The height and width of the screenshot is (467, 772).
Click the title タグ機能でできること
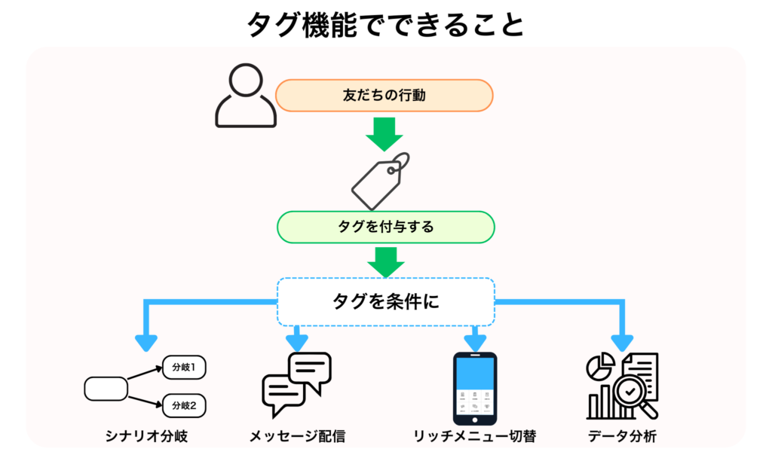pos(385,25)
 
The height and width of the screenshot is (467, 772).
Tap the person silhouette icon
pos(245,96)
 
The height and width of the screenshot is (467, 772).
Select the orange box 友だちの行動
pos(384,96)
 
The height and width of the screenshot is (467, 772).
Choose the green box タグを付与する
pos(385,227)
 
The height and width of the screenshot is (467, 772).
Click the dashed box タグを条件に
pos(385,301)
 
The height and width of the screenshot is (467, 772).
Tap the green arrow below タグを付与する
pos(385,261)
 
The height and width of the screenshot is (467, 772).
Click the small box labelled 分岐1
pos(184,368)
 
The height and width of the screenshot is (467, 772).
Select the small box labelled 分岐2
pos(184,406)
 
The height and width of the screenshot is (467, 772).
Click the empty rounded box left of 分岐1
pos(106,388)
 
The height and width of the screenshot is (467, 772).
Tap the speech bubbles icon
pos(296,384)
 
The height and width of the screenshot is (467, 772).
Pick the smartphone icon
pos(474,386)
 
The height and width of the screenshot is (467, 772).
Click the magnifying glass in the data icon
pos(632,394)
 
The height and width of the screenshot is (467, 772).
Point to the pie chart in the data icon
pos(600,367)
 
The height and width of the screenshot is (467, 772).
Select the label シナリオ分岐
pos(146,436)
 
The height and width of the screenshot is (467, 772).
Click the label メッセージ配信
pos(299,436)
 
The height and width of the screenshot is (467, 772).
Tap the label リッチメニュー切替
pos(474,436)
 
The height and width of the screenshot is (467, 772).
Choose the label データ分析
pos(623,436)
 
